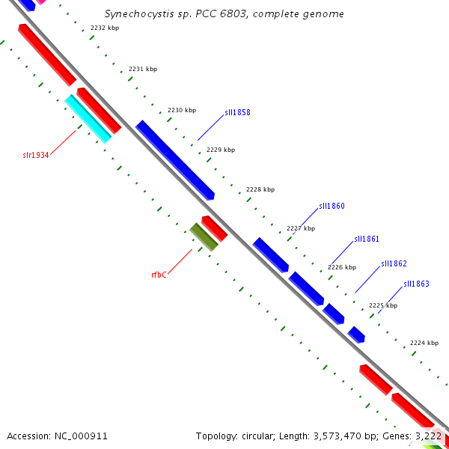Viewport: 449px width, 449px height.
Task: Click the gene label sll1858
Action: coord(237,113)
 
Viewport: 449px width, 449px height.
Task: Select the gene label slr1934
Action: coord(36,156)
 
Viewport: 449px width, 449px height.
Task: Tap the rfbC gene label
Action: coord(159,275)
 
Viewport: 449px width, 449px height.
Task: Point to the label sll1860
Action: coord(332,206)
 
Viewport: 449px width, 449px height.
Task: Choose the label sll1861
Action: coord(367,239)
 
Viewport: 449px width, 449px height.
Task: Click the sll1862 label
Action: coord(394,263)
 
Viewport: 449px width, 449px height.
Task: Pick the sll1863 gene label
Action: coord(416,284)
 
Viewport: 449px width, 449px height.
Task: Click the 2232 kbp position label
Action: coord(104,28)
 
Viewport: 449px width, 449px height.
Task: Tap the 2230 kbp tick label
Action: coord(182,110)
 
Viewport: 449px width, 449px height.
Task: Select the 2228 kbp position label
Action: coord(260,189)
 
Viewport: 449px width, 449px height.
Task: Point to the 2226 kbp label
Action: coord(341,267)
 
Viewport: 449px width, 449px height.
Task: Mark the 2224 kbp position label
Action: coord(424,343)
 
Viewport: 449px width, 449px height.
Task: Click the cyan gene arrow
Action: coord(88,118)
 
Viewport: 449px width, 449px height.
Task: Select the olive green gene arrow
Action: coord(204,236)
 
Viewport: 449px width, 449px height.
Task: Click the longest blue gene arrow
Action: coord(175,159)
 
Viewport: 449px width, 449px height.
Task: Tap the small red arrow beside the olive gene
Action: coord(214,228)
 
